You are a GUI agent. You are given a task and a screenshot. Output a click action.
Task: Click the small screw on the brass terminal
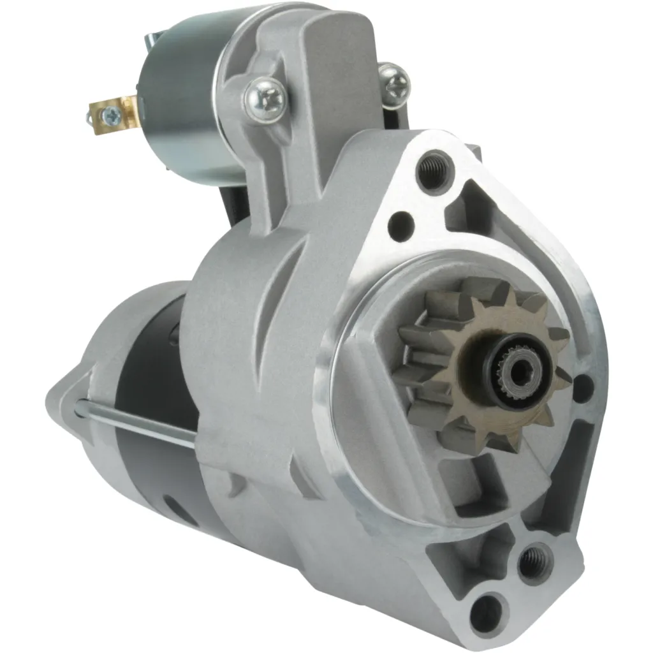(x=110, y=115)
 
